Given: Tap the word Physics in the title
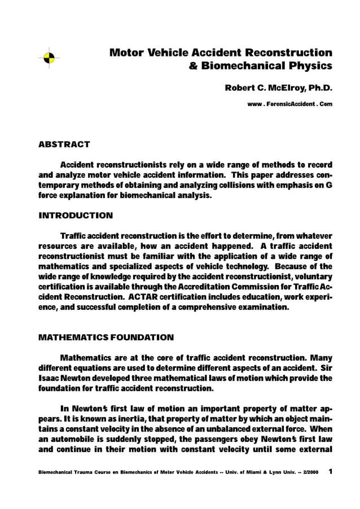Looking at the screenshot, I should point(311,66).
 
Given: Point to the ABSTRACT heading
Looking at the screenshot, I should point(64,144).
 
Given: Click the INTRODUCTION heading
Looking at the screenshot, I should point(75,216).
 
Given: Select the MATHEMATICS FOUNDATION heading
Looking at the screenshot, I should point(106,337).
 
